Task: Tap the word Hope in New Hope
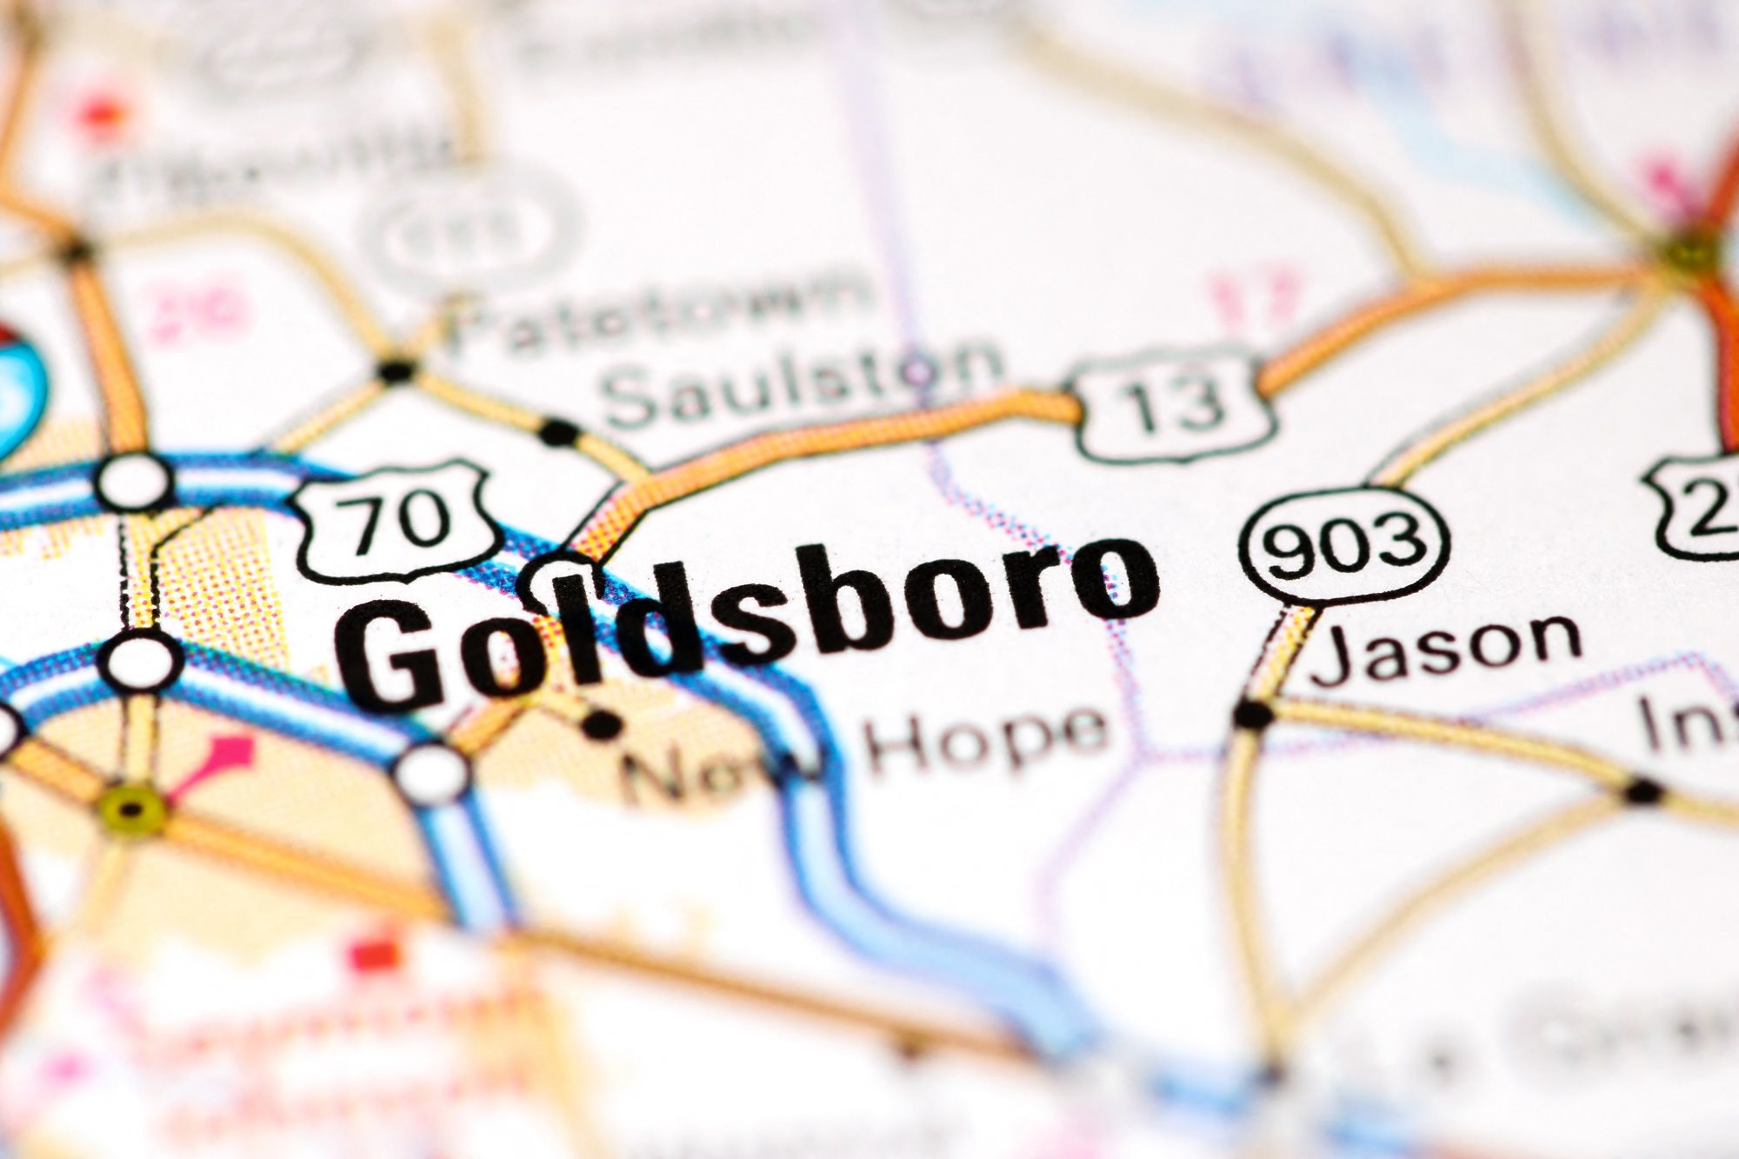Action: (x=987, y=739)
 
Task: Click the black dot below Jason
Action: (x=1253, y=715)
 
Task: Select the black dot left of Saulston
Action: (x=557, y=431)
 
